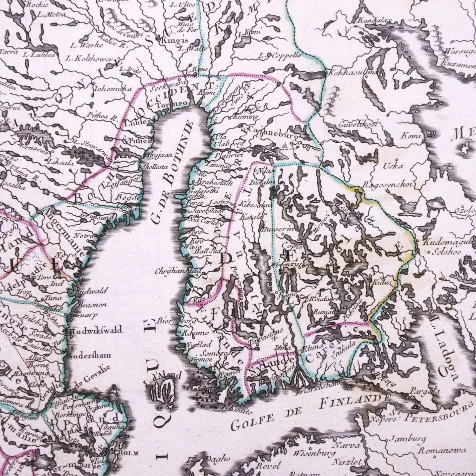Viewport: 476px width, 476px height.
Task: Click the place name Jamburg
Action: [406, 438]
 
